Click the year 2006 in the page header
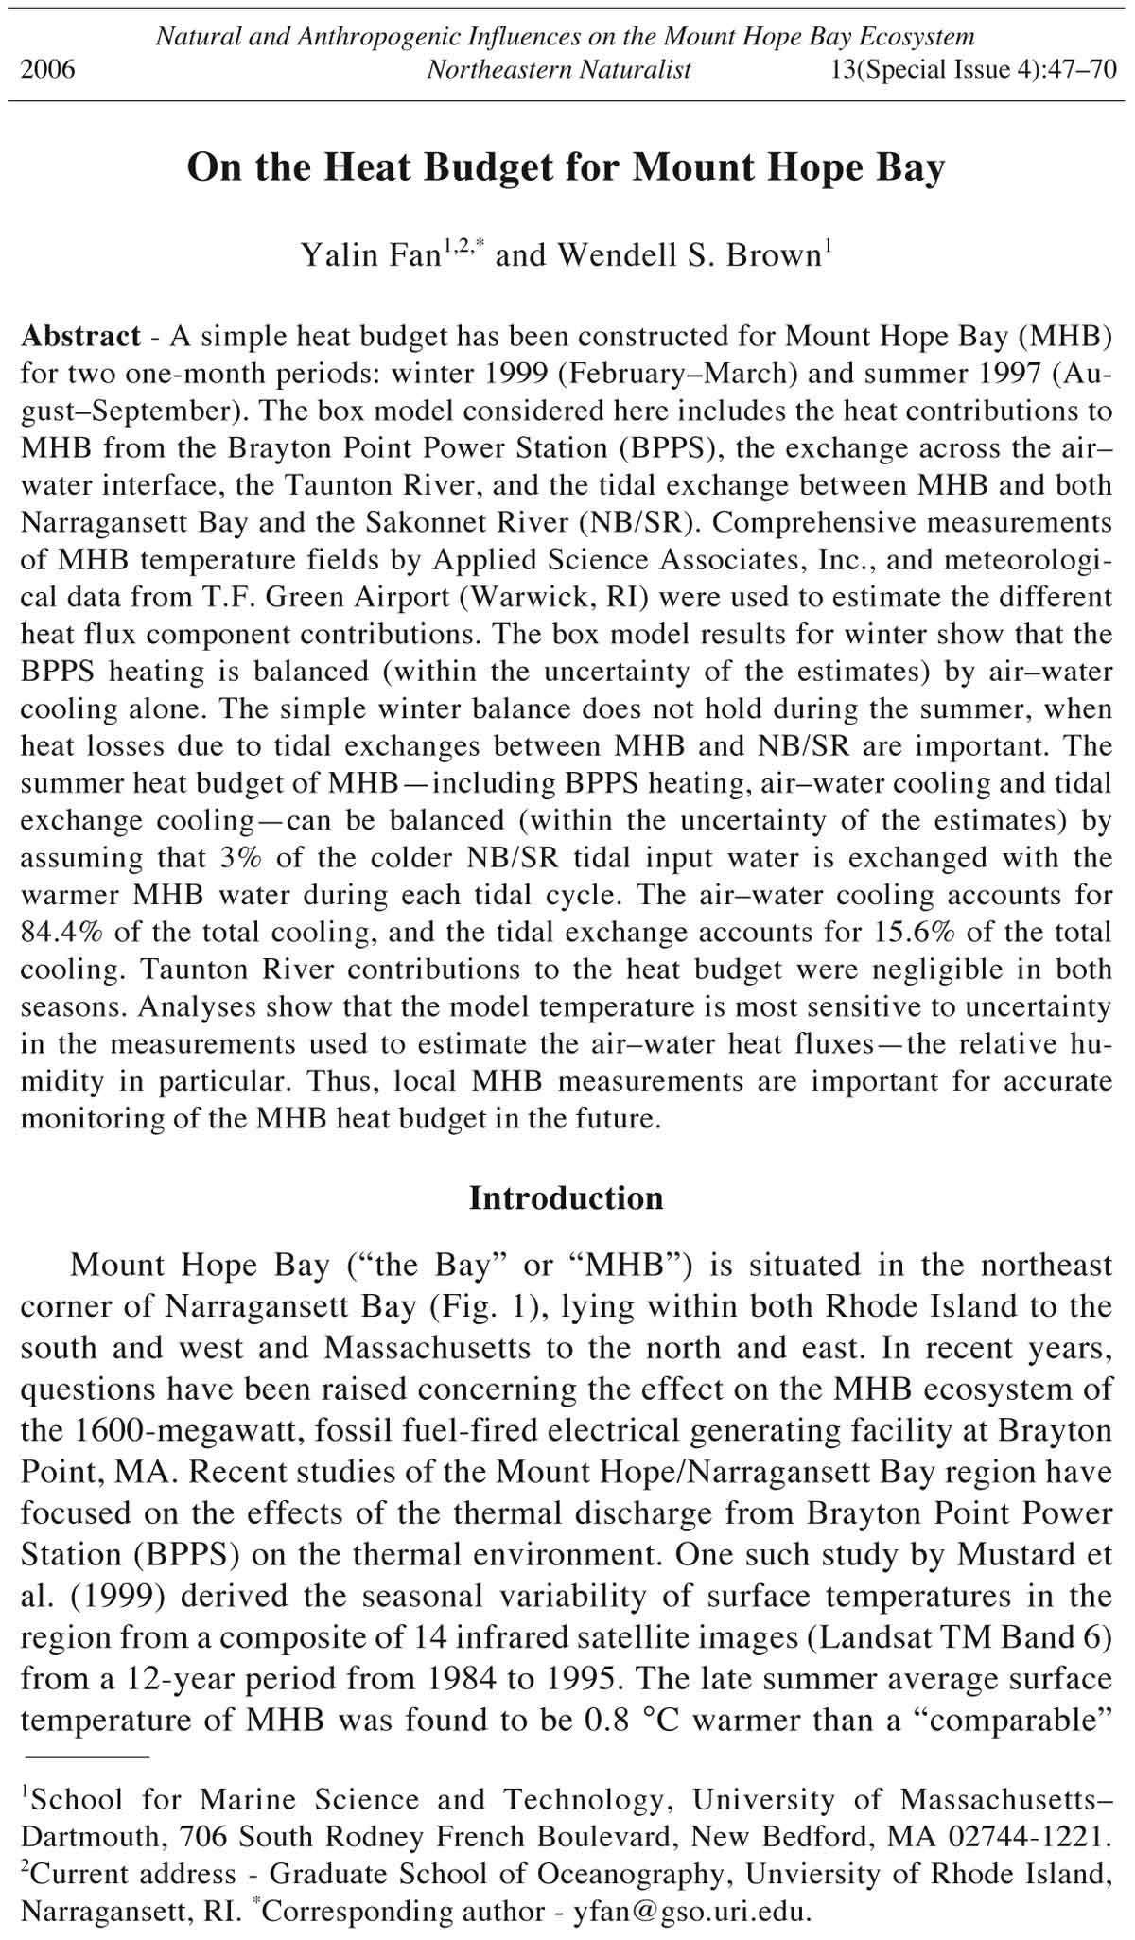tap(47, 70)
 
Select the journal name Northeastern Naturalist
tap(558, 70)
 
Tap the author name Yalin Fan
tap(367, 255)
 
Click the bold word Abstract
tap(80, 337)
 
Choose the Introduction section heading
tap(567, 1198)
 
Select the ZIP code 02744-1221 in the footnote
tap(1031, 1837)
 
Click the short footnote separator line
tap(86, 1757)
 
